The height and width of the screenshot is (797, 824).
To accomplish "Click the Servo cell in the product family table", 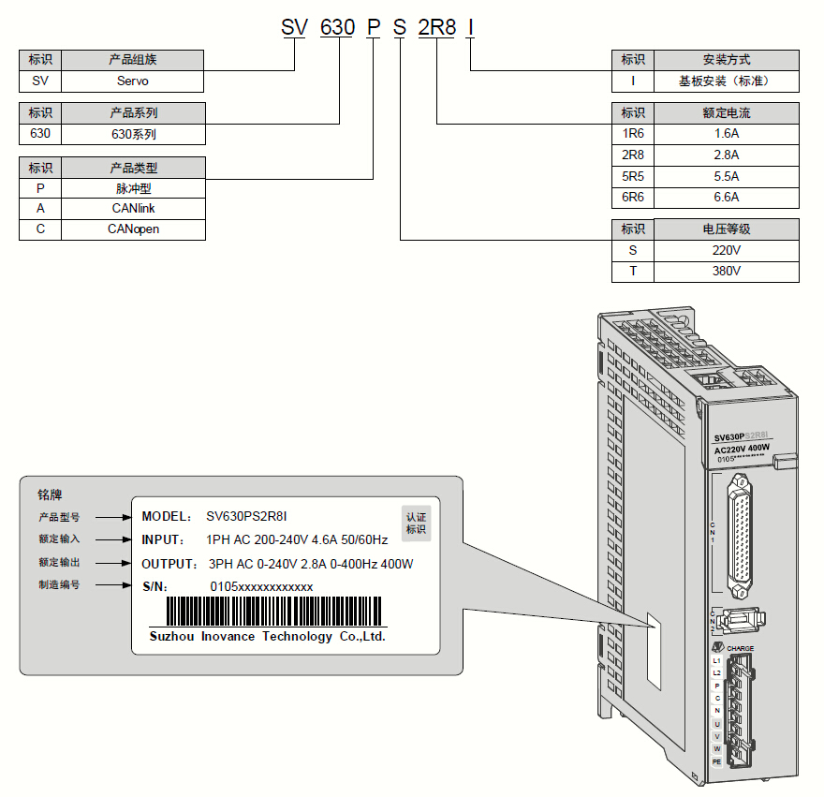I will (133, 81).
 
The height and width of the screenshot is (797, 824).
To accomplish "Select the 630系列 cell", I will (133, 134).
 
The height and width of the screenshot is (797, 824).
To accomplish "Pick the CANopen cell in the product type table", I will (133, 229).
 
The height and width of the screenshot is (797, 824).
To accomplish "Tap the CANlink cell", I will (133, 208).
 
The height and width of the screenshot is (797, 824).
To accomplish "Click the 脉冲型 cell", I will (133, 188).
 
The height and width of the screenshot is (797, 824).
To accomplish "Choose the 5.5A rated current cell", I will (726, 176).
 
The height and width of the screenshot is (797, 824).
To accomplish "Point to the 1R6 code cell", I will (632, 134).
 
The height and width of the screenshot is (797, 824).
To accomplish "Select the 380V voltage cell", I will (726, 271).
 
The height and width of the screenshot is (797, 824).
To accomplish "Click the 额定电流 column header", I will (726, 113).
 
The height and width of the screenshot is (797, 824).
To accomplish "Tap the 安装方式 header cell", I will (726, 59).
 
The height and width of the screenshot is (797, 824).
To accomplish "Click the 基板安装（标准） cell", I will (726, 81).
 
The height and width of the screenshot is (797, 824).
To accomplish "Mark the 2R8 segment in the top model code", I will (436, 27).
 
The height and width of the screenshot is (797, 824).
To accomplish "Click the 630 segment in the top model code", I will (337, 27).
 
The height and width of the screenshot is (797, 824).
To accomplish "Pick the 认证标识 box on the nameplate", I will (416, 523).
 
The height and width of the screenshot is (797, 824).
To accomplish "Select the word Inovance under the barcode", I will (228, 637).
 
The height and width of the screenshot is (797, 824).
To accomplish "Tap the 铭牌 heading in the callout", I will (50, 494).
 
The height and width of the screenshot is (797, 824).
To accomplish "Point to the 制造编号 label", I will (59, 585).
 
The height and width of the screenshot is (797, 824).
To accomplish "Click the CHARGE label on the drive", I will (740, 648).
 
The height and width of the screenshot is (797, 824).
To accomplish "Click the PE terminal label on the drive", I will (716, 761).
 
